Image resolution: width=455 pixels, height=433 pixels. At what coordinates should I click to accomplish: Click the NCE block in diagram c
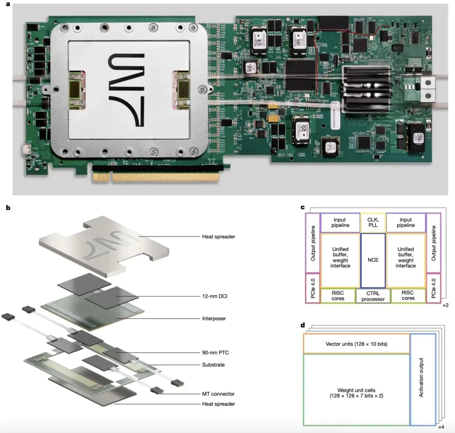click(373, 260)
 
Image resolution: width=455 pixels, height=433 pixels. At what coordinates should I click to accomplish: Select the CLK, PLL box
click(373, 222)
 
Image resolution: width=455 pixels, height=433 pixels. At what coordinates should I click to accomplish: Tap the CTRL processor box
click(373, 295)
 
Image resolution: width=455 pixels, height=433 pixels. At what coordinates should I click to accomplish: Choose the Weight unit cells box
click(356, 390)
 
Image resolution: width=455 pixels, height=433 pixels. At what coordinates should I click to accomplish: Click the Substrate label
click(213, 365)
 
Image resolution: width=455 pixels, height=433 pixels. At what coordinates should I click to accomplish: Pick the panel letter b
click(7, 208)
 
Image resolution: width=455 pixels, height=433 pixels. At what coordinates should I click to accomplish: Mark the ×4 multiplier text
click(441, 427)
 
